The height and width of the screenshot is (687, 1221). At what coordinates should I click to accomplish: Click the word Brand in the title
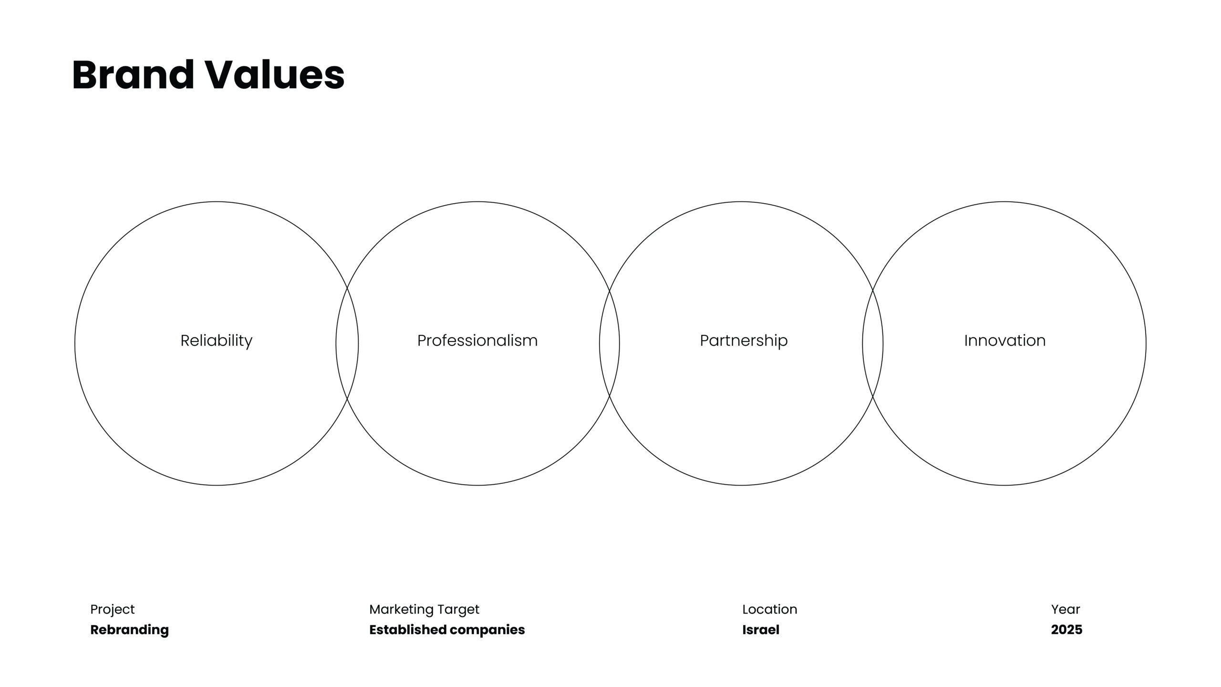(x=133, y=74)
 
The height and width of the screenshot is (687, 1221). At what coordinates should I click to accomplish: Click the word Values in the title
(x=275, y=74)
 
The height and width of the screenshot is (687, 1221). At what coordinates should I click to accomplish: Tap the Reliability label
(x=217, y=341)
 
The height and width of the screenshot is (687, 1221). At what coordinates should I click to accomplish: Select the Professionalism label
(x=477, y=341)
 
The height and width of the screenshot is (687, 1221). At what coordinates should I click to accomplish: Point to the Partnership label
(x=744, y=341)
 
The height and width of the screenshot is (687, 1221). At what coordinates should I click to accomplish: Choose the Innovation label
(x=1005, y=341)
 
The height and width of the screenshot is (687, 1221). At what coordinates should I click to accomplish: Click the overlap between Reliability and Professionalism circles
(x=347, y=343)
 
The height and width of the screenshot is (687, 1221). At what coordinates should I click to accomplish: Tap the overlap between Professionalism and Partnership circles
(x=610, y=343)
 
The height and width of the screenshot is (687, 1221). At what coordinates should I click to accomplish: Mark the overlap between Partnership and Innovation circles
(x=873, y=343)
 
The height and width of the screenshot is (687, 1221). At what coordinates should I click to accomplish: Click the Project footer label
(x=113, y=610)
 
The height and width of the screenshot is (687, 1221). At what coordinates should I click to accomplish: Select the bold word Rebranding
(x=130, y=630)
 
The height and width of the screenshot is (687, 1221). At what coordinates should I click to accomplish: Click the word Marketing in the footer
(x=401, y=610)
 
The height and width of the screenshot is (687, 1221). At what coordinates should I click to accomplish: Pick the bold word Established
(x=408, y=630)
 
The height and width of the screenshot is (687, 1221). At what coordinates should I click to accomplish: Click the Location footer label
(x=770, y=609)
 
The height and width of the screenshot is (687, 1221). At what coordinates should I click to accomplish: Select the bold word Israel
(x=761, y=630)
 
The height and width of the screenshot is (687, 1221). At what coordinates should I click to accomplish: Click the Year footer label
(x=1066, y=609)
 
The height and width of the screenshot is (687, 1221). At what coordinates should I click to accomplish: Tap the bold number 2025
(x=1067, y=630)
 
